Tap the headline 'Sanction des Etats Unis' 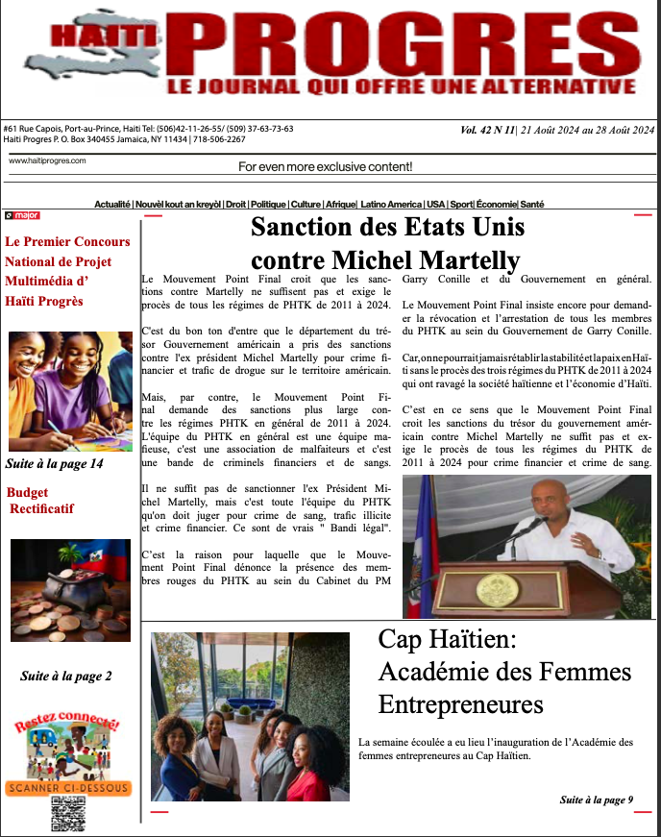pos(387,229)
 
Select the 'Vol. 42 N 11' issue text pos(490,130)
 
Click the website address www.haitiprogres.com pos(47,160)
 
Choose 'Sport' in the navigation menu pos(461,205)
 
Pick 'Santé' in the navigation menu pos(532,205)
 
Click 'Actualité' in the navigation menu pos(112,205)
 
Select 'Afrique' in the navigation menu pos(340,205)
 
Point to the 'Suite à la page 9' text pos(597,800)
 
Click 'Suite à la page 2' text pos(66,677)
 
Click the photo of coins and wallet pos(70,590)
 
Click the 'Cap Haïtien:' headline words pos(448,639)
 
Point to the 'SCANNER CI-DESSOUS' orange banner pos(67,789)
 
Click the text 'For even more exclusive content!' pos(325,167)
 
